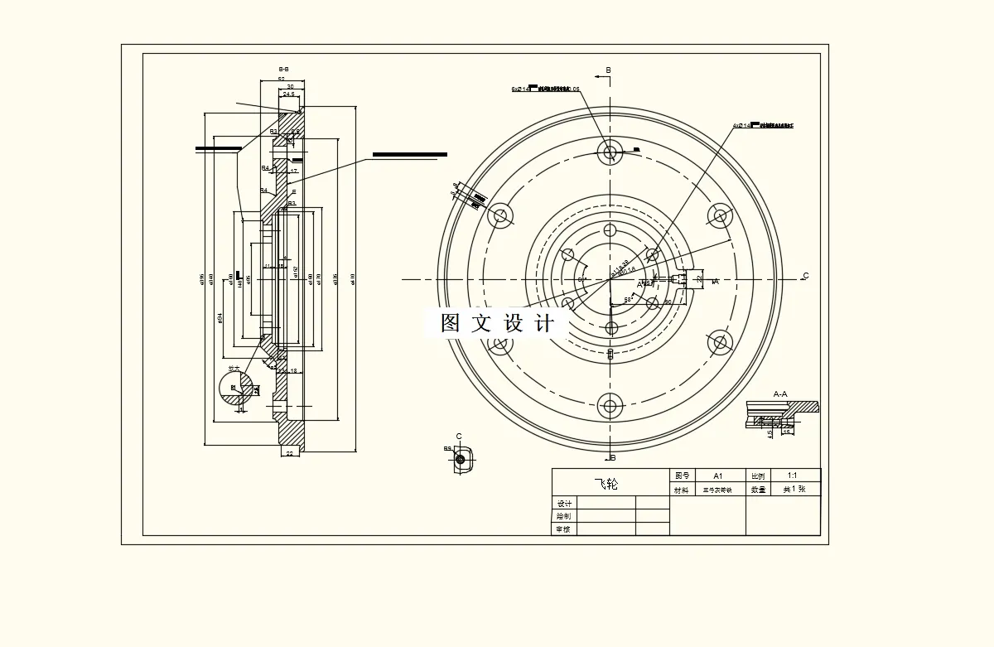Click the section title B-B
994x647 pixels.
click(283, 69)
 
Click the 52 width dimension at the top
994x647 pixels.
click(282, 80)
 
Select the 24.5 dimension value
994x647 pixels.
click(288, 94)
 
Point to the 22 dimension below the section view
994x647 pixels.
click(289, 454)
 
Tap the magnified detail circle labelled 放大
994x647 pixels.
click(239, 388)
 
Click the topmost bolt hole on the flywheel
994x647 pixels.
click(611, 152)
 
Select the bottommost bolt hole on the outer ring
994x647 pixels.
click(611, 406)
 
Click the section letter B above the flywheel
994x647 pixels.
click(608, 71)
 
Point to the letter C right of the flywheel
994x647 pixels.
click(805, 276)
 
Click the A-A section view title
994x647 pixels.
click(780, 394)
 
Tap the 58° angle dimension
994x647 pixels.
click(629, 300)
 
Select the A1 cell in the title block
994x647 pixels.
click(718, 476)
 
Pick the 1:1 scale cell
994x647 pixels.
click(793, 476)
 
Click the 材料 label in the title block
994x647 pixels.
click(681, 490)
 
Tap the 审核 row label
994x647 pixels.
click(564, 529)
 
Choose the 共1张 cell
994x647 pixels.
click(794, 490)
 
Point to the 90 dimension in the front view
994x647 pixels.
click(668, 302)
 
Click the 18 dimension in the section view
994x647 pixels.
click(293, 371)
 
